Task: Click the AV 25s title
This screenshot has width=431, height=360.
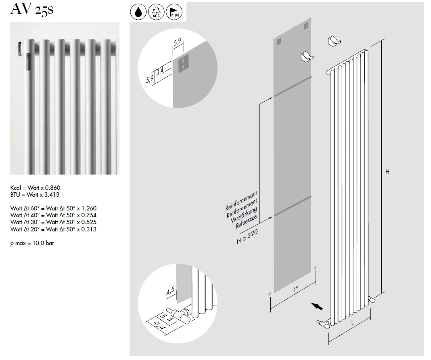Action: point(32,10)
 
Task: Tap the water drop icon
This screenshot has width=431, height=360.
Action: point(138,12)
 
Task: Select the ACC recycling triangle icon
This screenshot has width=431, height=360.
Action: point(156,12)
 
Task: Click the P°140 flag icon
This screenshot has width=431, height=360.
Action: point(174,12)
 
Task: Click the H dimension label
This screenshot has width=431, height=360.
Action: point(387,172)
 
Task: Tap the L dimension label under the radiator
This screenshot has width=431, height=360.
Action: point(352,323)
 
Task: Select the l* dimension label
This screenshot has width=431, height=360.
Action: point(296,289)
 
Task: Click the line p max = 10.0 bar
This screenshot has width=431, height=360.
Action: point(32,244)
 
